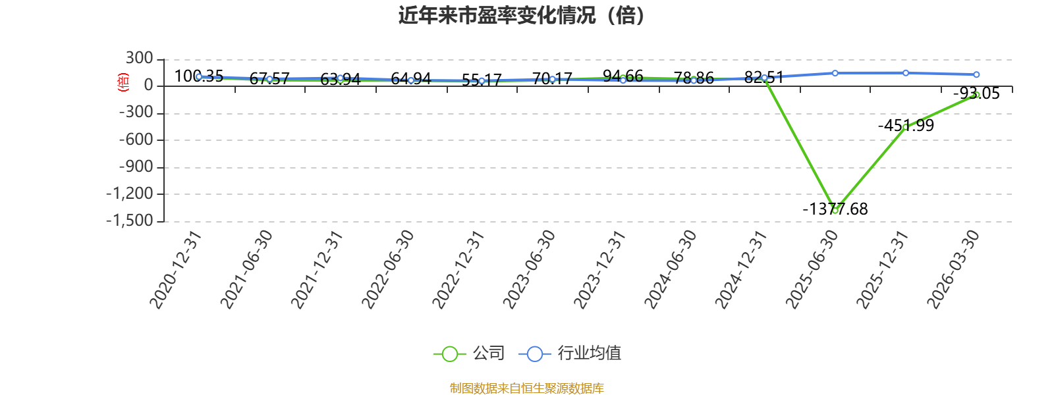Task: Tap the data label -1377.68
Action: click(835, 209)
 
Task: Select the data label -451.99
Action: click(906, 126)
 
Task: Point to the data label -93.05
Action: click(976, 93)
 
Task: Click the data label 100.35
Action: click(198, 76)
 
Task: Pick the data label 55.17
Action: click(482, 80)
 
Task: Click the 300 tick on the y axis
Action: click(139, 59)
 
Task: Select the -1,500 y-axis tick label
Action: click(129, 221)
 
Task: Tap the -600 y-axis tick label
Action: click(136, 140)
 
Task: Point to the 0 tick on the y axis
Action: click(149, 86)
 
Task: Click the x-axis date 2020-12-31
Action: click(175, 270)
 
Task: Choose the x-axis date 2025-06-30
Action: click(812, 270)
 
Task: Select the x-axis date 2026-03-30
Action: click(953, 270)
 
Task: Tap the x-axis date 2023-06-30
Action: click(529, 270)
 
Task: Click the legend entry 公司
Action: click(468, 353)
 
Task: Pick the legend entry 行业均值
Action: click(570, 353)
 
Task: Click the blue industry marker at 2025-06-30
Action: click(835, 73)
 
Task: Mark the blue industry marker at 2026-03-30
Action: click(976, 74)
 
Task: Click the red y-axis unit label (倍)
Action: click(123, 82)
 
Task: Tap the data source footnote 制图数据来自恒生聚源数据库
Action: click(526, 388)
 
